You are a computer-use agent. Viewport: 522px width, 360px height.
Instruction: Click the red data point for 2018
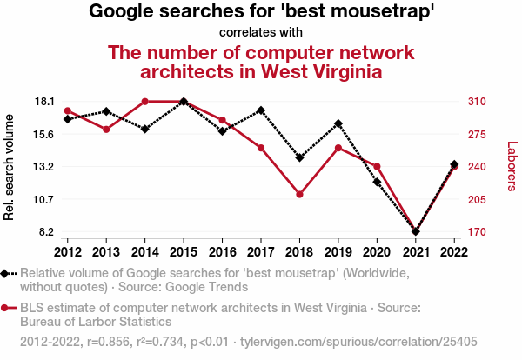[299, 194]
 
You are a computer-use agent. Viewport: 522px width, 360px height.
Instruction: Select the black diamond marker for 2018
[299, 157]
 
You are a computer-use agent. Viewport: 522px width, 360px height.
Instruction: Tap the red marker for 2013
[106, 130]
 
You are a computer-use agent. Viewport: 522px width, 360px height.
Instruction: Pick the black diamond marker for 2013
[106, 111]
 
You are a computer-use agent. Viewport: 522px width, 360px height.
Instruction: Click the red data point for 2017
[261, 148]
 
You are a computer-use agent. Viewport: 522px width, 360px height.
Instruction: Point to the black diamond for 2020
[377, 182]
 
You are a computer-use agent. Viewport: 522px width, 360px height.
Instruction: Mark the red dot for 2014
[144, 102]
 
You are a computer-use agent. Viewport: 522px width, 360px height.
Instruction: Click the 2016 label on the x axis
[222, 252]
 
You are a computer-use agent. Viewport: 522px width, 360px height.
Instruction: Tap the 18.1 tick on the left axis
[44, 102]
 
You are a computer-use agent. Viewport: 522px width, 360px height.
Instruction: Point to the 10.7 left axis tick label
[44, 199]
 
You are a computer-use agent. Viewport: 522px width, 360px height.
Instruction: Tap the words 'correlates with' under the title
[261, 33]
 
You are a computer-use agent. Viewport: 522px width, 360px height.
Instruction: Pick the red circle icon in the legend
[6, 307]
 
